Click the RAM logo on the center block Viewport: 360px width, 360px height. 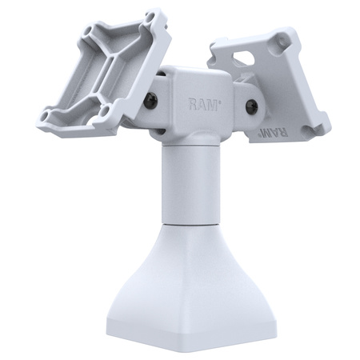(202, 103)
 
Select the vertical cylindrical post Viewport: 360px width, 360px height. (192, 184)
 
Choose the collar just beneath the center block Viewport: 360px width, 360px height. (192, 142)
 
